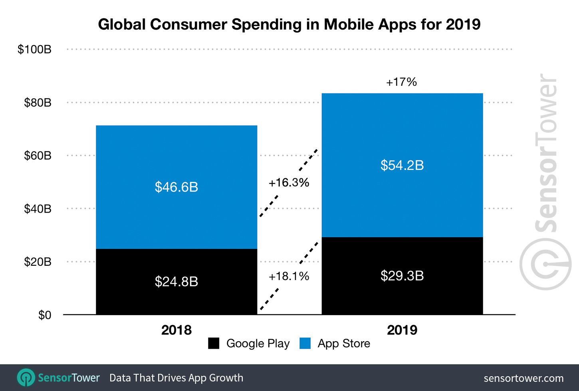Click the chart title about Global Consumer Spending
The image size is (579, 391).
click(289, 24)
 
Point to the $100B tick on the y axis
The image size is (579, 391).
click(34, 49)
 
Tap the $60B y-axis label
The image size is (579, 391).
click(38, 156)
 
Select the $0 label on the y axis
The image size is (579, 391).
click(44, 315)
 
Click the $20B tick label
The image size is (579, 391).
click(38, 262)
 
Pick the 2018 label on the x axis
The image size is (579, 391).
click(176, 330)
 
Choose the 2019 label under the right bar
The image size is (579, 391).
click(402, 330)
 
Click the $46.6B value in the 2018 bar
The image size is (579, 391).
click(176, 187)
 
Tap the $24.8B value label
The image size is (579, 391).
click(176, 282)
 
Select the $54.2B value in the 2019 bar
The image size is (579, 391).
click(402, 165)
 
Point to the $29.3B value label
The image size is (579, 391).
click(402, 276)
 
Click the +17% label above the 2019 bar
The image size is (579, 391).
click(401, 82)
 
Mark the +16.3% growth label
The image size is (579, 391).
click(289, 183)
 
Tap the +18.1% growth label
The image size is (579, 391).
click(289, 276)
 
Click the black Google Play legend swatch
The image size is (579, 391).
click(214, 344)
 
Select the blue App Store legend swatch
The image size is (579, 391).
click(305, 344)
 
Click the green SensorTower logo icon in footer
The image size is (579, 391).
click(26, 377)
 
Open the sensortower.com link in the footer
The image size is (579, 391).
click(523, 378)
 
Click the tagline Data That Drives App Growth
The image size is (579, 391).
click(176, 378)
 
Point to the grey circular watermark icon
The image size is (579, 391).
click(545, 265)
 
